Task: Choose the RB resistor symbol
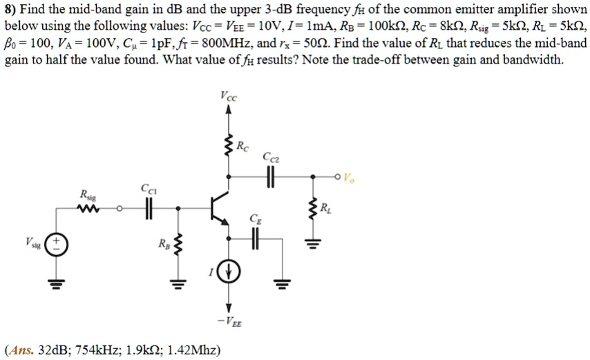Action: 178,244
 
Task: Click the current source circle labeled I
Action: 229,272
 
